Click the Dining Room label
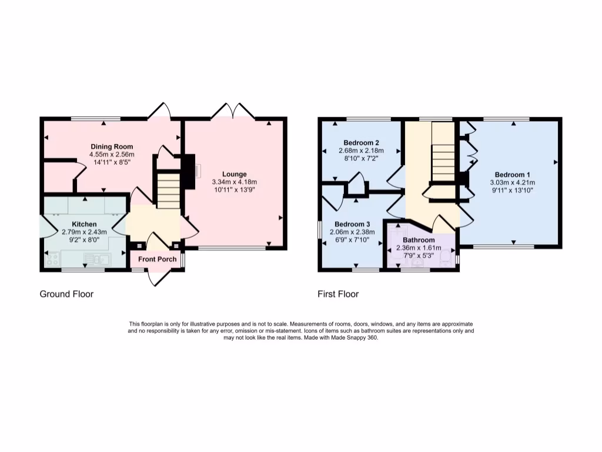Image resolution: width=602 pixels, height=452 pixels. tap(112, 147)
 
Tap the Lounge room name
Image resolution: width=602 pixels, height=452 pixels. tap(234, 174)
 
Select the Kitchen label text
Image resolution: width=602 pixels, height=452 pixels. tap(84, 224)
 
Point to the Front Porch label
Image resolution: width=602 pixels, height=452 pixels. tap(158, 259)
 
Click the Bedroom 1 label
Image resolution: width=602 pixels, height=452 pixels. tap(512, 175)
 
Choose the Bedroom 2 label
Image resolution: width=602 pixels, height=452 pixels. tap(361, 143)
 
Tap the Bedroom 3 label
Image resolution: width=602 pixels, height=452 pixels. tap(352, 224)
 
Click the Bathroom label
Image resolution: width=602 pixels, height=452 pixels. tap(419, 240)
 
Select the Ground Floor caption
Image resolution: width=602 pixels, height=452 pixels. tap(66, 294)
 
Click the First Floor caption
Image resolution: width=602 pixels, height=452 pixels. tap(339, 294)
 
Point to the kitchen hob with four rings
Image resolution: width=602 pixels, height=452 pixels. tap(52, 258)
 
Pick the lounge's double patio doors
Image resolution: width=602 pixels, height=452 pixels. tap(233, 110)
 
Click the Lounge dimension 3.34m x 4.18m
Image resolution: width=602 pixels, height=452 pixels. tap(234, 182)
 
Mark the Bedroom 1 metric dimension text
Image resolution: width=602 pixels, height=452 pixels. tap(512, 182)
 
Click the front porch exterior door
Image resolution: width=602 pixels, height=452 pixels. tap(158, 277)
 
